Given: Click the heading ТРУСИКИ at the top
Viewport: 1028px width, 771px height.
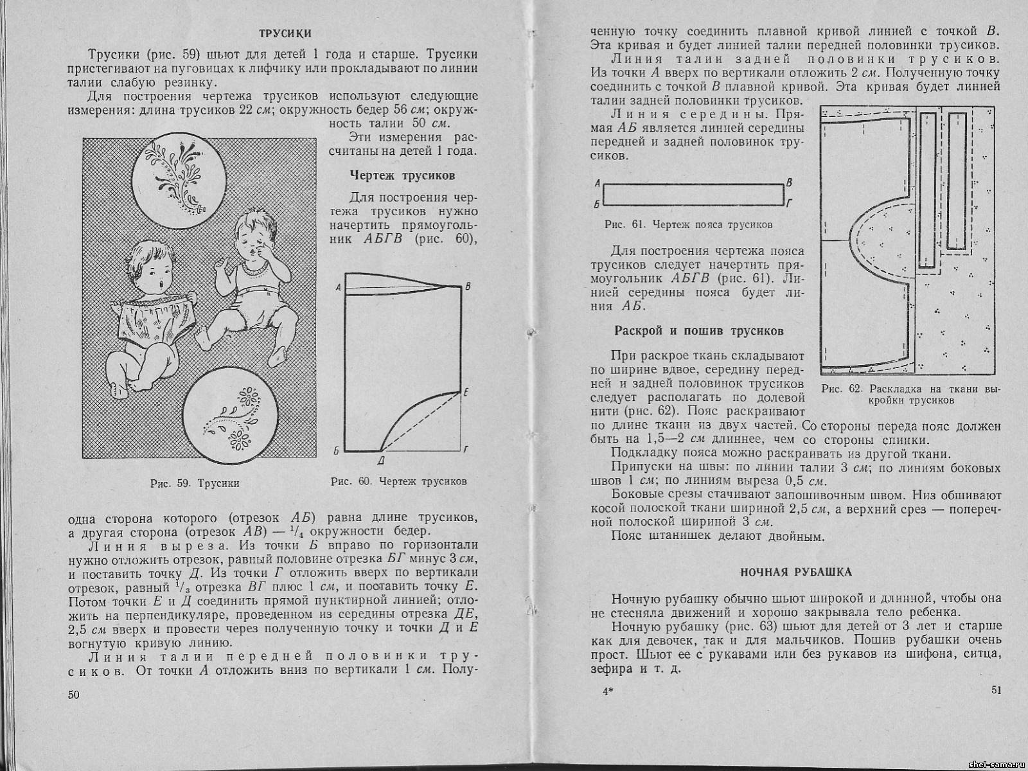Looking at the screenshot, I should click(285, 33).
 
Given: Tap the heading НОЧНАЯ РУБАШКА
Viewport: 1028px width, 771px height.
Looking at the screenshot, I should click(796, 571).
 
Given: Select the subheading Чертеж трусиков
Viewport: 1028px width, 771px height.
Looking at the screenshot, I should click(403, 175).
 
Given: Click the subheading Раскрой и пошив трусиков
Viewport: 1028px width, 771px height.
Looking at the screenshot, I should click(699, 332).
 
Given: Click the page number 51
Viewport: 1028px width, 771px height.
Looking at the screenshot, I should click(996, 690).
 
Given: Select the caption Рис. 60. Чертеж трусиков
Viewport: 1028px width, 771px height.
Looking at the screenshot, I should click(398, 481).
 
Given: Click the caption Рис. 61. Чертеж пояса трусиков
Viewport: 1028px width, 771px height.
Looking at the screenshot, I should click(688, 225).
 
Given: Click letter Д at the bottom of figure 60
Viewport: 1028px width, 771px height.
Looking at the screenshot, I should click(381, 461).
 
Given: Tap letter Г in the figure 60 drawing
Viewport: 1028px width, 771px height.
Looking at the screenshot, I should click(466, 448).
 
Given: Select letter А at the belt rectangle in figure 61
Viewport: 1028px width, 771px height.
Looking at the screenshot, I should click(598, 183).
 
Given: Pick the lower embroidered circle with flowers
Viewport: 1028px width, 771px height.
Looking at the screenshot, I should click(231, 417).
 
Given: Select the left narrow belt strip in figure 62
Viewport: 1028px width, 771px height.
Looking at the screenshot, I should click(926, 190).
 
